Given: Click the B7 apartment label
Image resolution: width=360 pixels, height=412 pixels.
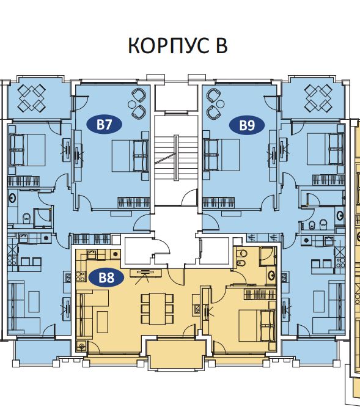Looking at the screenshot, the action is tap(105, 124).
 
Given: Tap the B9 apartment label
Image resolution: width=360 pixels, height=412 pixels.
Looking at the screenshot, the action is tap(247, 125).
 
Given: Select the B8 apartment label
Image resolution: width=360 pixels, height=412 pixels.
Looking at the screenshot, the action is tap(106, 278).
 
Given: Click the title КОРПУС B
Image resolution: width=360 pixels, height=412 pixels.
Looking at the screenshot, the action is tap(178, 45).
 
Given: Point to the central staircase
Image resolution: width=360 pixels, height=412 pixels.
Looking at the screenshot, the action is tap(176, 160).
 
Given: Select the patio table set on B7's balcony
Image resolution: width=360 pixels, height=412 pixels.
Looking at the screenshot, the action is tap(32, 97).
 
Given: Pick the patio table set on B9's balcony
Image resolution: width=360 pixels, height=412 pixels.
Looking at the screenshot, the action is tap(318, 97).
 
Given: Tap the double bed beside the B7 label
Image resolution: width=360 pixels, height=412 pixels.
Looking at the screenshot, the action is tap(130, 156).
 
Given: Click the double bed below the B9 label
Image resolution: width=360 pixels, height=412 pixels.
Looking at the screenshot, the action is tap(221, 155).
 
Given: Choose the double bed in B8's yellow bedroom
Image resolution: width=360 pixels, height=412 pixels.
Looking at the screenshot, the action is tap(257, 326).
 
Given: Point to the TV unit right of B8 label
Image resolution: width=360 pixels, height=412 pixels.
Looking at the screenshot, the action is tap(146, 273).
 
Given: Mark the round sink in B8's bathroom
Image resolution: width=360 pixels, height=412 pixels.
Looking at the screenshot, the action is tap(271, 275).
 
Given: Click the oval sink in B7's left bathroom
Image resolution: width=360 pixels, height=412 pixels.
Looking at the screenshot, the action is tap(12, 197).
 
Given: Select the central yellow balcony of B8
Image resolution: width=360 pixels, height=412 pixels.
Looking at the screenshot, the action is tap(176, 354).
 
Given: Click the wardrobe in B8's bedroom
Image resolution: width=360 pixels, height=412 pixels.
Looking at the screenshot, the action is tap(260, 294).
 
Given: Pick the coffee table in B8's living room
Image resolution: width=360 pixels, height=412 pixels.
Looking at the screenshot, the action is tap(102, 322).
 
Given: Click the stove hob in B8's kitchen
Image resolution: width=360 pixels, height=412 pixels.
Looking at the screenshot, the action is tap(79, 276).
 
